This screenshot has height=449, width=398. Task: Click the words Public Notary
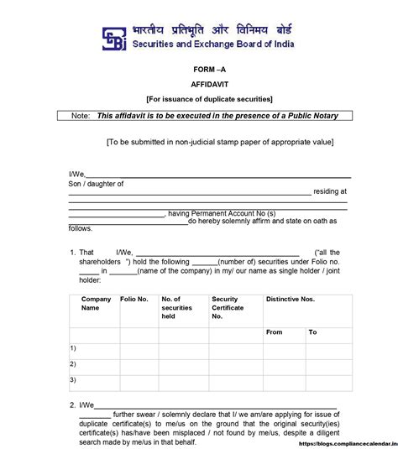tap(309, 116)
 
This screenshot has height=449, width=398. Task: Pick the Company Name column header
tap(95, 303)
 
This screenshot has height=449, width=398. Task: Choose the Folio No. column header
tap(134, 299)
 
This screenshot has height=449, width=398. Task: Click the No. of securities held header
tap(177, 307)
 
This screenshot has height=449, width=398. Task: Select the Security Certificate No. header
tap(228, 307)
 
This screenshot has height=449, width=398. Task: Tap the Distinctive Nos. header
tap(290, 299)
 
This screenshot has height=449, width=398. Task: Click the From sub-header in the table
tap(274, 332)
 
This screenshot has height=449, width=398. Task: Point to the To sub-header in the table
tap(312, 332)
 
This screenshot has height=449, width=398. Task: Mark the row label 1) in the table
tap(73, 347)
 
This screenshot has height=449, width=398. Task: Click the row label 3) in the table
tap(73, 379)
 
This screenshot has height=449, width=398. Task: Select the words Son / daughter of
tap(96, 183)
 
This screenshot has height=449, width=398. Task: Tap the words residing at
tap(330, 191)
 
